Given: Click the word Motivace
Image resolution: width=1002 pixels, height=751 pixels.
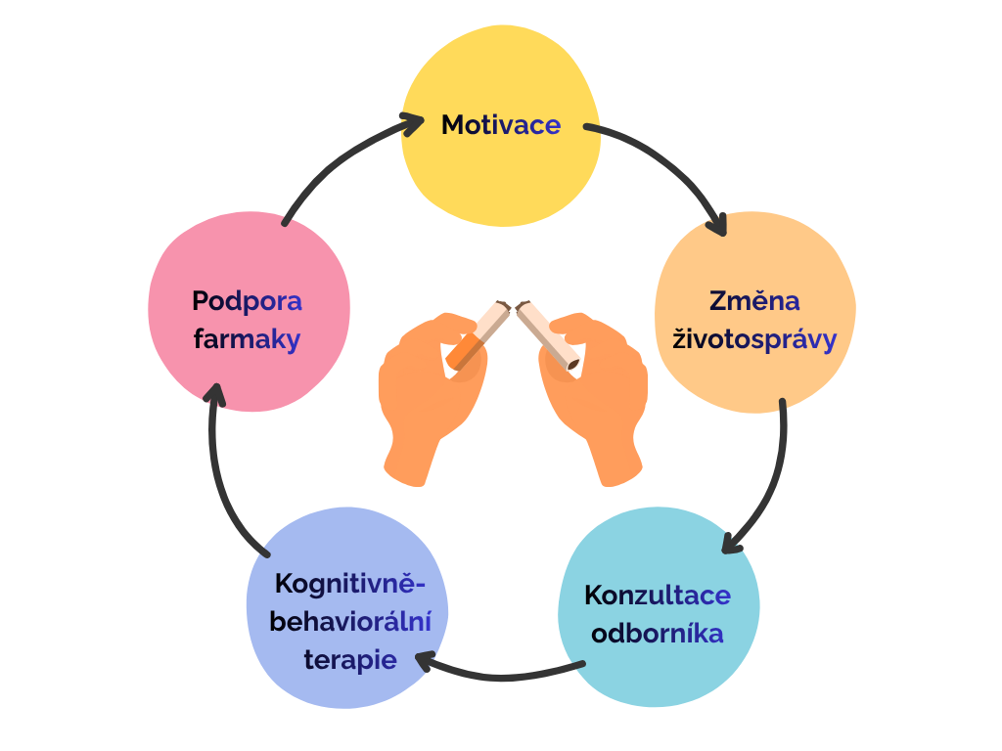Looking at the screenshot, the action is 501,125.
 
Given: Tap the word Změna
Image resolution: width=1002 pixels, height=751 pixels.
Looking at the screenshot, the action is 754,300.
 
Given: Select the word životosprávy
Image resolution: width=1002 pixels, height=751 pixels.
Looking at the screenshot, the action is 754,339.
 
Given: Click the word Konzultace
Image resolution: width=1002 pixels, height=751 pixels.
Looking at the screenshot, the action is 658,595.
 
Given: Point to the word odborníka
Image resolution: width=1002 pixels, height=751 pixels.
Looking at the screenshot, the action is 658,633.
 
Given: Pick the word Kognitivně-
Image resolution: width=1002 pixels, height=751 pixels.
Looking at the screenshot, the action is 350,584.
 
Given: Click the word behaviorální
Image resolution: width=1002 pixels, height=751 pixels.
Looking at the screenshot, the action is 350,621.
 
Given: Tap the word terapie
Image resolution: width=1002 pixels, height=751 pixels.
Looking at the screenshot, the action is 350,660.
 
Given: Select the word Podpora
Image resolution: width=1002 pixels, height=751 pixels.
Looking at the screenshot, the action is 247,300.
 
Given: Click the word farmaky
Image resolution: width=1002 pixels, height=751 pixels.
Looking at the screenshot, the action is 247,339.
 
